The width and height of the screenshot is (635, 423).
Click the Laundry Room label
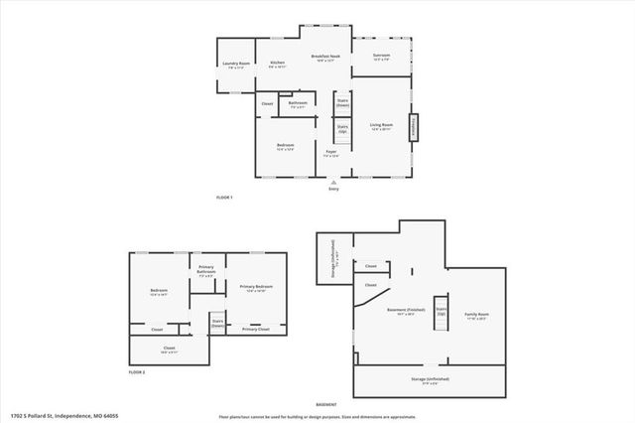(x=236, y=66)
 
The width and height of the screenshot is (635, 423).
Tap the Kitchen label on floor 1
(x=278, y=65)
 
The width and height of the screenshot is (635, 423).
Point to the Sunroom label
(x=382, y=56)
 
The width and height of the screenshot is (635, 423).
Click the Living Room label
(x=382, y=126)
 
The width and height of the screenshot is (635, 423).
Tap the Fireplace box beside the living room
(x=415, y=128)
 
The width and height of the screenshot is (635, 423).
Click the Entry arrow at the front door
(x=333, y=183)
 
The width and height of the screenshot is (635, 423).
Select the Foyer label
(x=331, y=154)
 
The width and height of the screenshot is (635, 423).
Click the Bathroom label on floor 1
(x=298, y=104)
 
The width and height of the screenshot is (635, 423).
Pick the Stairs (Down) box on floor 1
(x=342, y=102)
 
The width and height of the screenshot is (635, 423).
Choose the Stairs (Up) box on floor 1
(x=342, y=128)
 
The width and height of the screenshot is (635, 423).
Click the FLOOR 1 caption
(x=224, y=198)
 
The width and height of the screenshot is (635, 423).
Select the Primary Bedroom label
(x=256, y=288)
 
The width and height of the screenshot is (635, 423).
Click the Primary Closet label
(x=256, y=329)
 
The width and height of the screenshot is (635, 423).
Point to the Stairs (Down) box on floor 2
(x=216, y=322)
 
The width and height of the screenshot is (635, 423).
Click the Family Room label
(x=477, y=316)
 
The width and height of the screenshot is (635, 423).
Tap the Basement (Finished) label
(x=401, y=311)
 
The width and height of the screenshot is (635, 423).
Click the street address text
(x=53, y=415)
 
